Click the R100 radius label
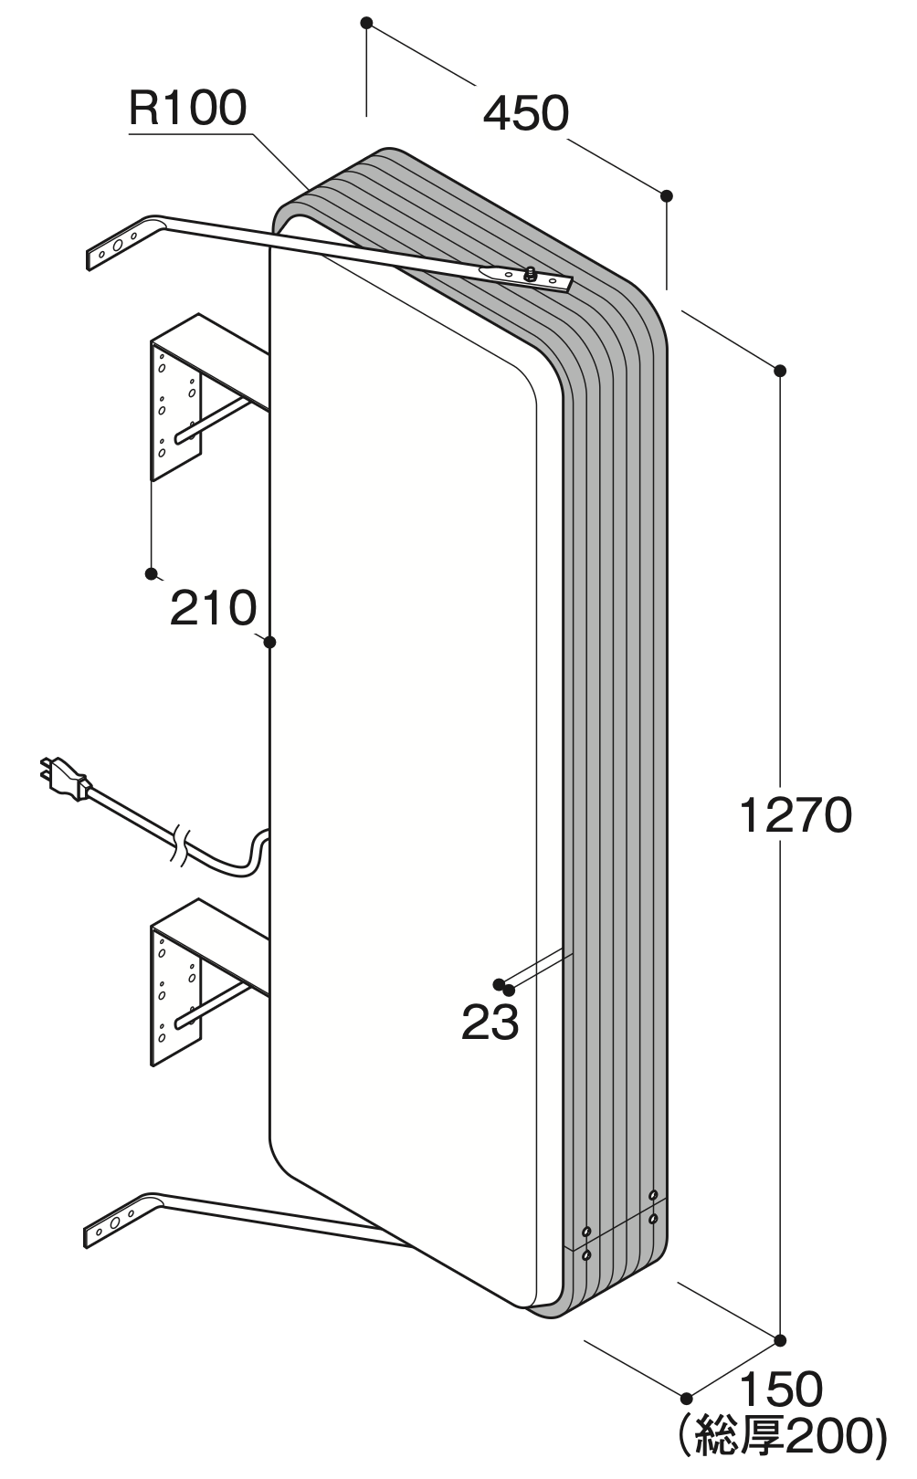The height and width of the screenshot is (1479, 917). pos(187,109)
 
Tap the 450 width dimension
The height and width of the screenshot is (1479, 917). pos(526,113)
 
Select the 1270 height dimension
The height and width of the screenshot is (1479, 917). pos(796,815)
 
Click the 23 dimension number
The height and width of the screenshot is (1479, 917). pos(490,1023)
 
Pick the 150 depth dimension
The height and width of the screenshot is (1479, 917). pos(781,1390)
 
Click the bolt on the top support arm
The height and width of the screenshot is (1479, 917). pos(529,273)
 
